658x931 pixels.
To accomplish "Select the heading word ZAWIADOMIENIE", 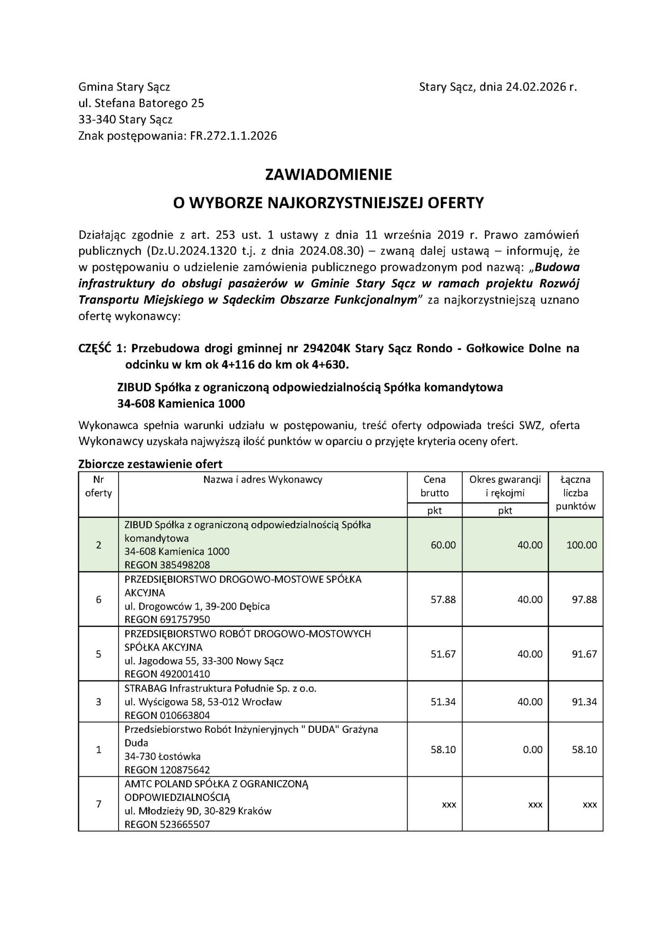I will pos(329,175).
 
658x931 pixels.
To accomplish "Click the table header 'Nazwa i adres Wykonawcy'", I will pos(263,480).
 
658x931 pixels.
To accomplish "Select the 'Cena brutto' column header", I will pos(434,486).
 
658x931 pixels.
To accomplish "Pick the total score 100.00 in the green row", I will pos(582,545).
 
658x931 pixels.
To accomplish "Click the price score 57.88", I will pos(443,599).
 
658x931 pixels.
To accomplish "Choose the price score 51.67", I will pos(443,654).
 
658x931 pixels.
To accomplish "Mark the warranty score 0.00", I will pos(533,750).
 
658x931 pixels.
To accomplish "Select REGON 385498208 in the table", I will pos(167,565).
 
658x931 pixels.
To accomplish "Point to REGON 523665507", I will pos(167,824).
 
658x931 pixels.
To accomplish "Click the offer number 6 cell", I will pos(99,599).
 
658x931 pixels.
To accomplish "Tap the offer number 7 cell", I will pos(99,804).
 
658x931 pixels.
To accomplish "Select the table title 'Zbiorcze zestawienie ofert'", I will pos(150,464).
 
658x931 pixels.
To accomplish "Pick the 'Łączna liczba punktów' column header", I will pos(575,493).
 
